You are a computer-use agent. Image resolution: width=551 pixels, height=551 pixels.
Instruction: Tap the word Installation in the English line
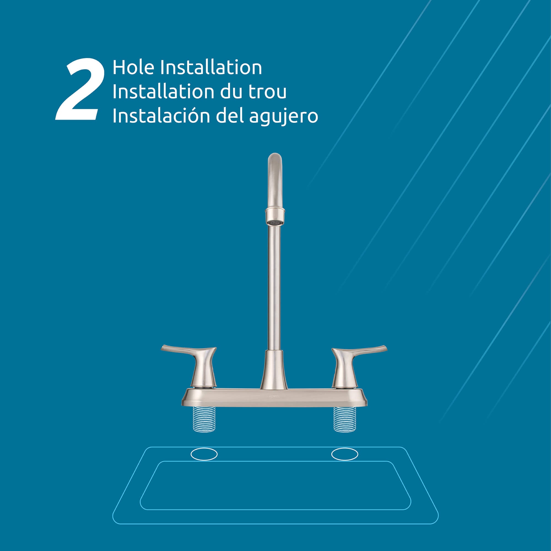click(x=211, y=67)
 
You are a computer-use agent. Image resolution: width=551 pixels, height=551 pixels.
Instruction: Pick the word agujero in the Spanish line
click(x=283, y=117)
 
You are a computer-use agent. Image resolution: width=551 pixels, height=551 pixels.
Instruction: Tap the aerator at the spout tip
click(x=275, y=222)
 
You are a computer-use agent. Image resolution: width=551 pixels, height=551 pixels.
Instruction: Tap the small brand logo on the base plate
click(x=274, y=396)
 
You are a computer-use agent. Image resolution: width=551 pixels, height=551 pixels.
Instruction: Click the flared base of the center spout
click(x=274, y=370)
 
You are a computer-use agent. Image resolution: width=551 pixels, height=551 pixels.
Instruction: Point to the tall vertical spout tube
click(x=274, y=288)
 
